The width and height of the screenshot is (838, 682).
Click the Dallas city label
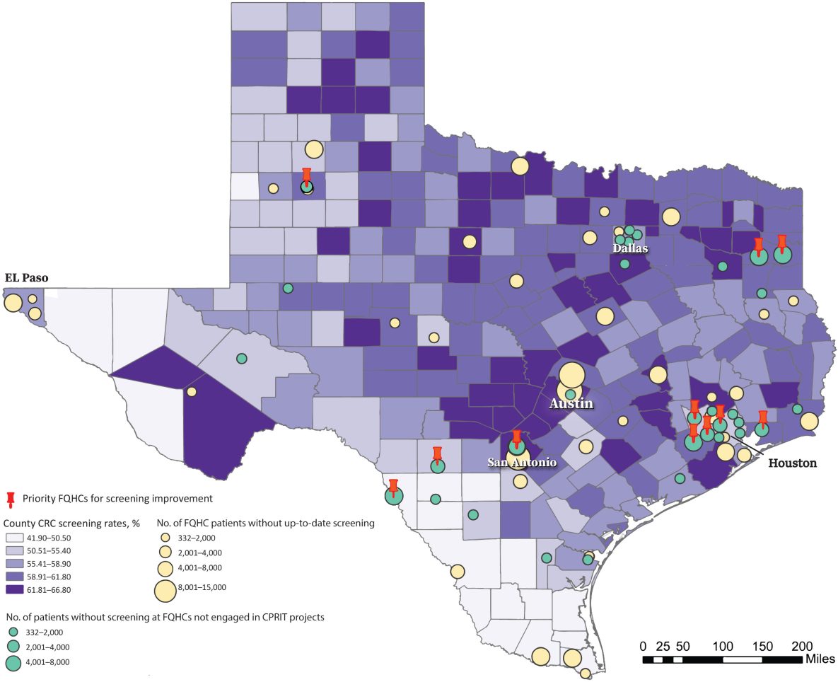pos(630,249)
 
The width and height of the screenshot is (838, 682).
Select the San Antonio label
pos(522,462)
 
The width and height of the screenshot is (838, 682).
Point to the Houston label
pos(792,463)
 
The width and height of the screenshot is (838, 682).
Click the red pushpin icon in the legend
pos(11,499)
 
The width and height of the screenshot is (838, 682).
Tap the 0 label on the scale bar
pos(643,646)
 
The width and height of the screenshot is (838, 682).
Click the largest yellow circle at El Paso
pos(13,303)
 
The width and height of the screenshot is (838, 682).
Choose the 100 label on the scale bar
pos(723,646)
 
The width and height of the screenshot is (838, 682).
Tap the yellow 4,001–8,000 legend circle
pos(165,567)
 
